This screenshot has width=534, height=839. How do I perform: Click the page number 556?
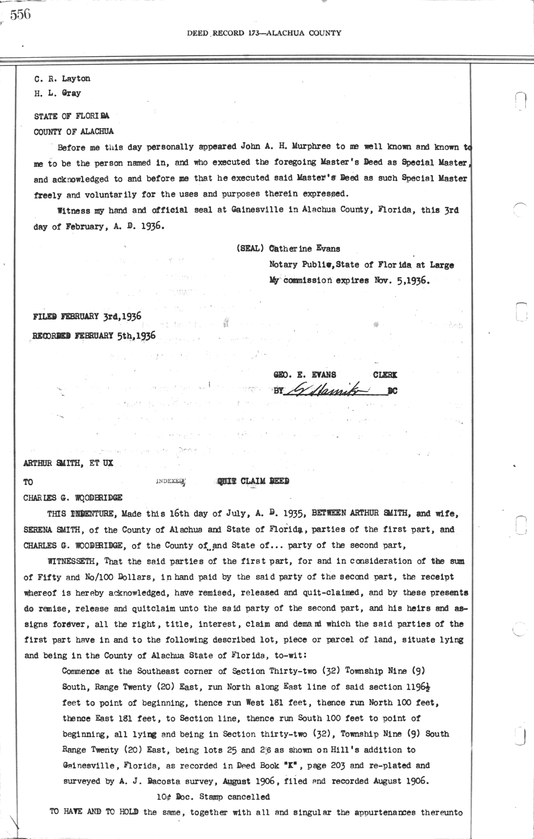pyautogui.click(x=20, y=15)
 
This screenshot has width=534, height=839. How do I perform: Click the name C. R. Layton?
pyautogui.click(x=62, y=79)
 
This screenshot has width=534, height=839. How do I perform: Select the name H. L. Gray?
pyautogui.click(x=57, y=94)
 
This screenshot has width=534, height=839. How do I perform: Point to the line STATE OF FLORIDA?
pyautogui.click(x=72, y=117)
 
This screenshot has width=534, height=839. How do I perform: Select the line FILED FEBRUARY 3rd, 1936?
pyautogui.click(x=87, y=317)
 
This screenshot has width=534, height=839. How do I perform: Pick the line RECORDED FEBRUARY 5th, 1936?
pyautogui.click(x=94, y=335)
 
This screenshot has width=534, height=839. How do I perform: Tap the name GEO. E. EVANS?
pyautogui.click(x=305, y=375)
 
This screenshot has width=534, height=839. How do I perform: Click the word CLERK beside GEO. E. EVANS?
pyautogui.click(x=385, y=375)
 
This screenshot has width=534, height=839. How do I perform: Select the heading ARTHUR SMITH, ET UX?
pyautogui.click(x=68, y=463)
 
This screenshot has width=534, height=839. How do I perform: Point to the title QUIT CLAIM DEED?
pyautogui.click(x=252, y=481)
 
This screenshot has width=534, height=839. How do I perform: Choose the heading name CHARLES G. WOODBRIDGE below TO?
pyautogui.click(x=73, y=498)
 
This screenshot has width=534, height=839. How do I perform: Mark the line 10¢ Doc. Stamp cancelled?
pyautogui.click(x=213, y=797)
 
